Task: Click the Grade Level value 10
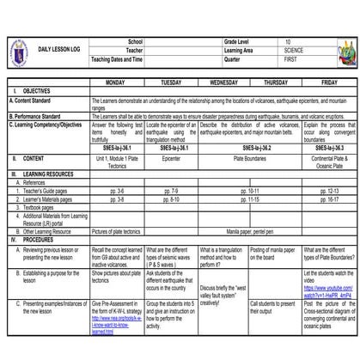(289, 41)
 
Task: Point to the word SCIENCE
(294, 51)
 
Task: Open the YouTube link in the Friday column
(328, 291)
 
